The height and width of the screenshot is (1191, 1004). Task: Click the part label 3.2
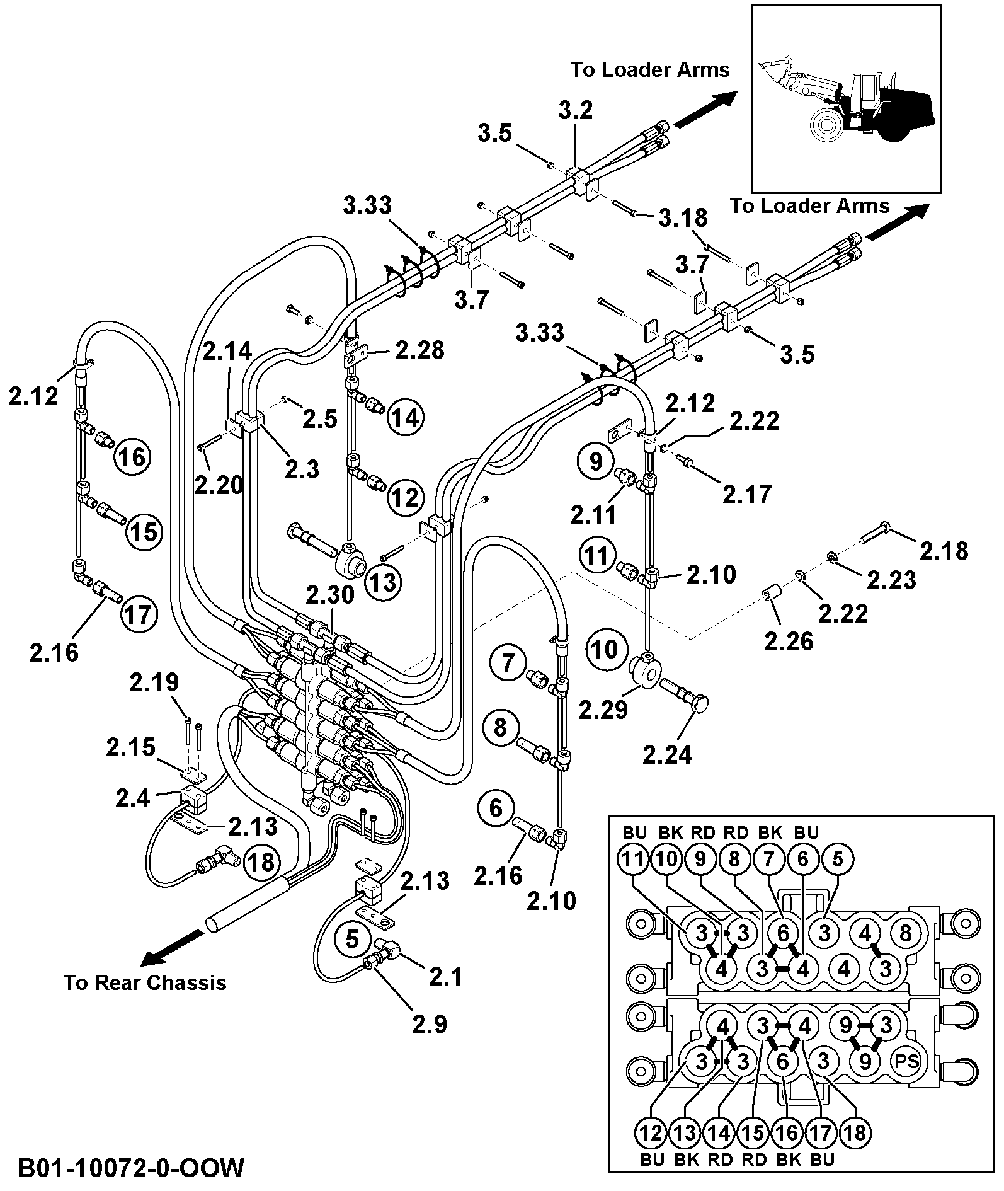pos(576,112)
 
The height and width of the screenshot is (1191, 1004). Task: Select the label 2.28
pos(419,350)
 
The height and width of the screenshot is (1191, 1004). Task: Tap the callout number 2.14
pos(227,351)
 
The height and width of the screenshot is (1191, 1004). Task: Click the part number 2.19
pos(154,682)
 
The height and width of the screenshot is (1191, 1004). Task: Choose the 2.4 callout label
pos(133,798)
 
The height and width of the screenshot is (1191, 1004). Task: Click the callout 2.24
pos(667,754)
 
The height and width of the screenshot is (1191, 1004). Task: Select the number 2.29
pos(603,710)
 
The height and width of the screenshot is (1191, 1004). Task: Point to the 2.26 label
pos(789,642)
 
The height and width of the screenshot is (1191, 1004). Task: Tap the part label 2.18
pos(944,551)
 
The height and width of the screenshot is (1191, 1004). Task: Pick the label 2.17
pos(746,495)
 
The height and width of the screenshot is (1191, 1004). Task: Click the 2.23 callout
pos(891,580)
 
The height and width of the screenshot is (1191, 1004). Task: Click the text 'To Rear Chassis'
pos(145,982)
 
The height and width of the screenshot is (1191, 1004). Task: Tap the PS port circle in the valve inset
pos(905,1061)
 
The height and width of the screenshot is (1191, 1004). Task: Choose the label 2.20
pos(219,485)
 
